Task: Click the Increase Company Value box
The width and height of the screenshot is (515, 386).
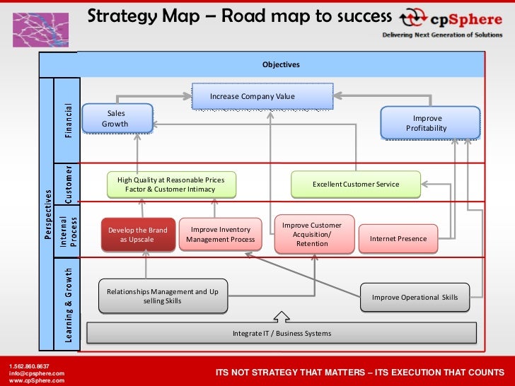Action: pyautogui.click(x=262, y=96)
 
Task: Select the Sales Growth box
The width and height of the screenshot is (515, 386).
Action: pyautogui.click(x=117, y=118)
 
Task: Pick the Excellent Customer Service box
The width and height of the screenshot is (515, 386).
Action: pyautogui.click(x=356, y=185)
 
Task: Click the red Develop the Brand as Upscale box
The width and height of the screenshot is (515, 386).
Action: pyautogui.click(x=138, y=235)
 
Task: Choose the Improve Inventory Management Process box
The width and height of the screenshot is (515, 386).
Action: pyautogui.click(x=221, y=235)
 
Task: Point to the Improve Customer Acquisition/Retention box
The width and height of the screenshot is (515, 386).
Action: pyautogui.click(x=312, y=235)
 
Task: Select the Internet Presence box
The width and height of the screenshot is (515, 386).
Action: pyautogui.click(x=398, y=239)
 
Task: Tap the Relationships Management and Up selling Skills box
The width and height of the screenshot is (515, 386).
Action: pyautogui.click(x=163, y=296)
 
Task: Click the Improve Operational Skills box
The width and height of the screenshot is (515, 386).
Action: pyautogui.click(x=415, y=298)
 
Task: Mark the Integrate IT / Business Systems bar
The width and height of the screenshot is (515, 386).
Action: pyautogui.click(x=282, y=333)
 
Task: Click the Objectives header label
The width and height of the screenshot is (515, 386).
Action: pyautogui.click(x=282, y=64)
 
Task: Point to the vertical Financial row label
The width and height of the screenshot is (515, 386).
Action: pyautogui.click(x=69, y=121)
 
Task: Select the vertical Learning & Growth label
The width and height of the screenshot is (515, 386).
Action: pyautogui.click(x=69, y=303)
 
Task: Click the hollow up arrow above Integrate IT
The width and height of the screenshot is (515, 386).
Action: pyautogui.click(x=282, y=316)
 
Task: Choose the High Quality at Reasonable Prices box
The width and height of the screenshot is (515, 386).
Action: pyautogui.click(x=171, y=185)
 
